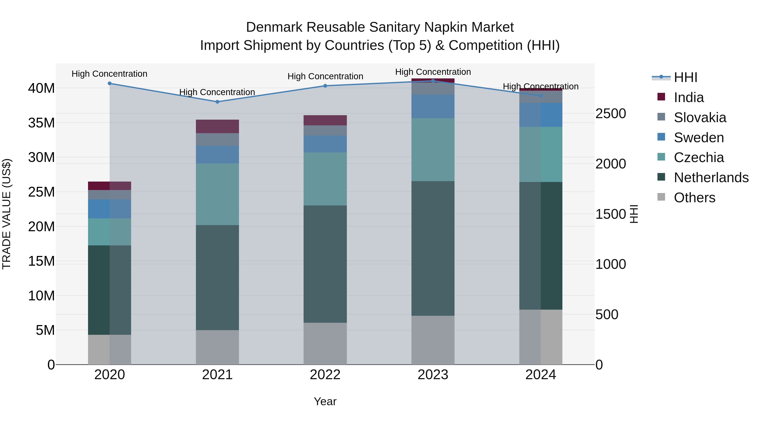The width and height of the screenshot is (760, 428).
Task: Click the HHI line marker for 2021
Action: tap(217, 102)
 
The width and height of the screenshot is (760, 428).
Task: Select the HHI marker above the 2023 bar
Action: tap(433, 81)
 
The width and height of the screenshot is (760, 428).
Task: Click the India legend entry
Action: tap(689, 97)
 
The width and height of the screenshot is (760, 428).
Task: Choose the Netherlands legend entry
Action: tap(711, 178)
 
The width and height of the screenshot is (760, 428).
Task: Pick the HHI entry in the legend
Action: tap(685, 77)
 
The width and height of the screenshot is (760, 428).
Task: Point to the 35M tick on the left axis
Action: tap(41, 123)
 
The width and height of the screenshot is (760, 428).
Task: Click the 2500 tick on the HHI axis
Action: tap(610, 113)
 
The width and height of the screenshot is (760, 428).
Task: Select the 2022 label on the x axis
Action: tap(325, 375)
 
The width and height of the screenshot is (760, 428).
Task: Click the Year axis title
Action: tap(325, 401)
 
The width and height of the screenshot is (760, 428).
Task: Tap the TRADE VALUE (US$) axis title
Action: tap(7, 214)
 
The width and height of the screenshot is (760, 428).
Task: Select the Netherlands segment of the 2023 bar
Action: tap(433, 248)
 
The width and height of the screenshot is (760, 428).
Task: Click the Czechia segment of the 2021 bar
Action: tap(217, 194)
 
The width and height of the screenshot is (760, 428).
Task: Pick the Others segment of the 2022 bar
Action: tap(325, 343)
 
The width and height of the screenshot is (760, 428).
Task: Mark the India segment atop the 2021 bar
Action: tap(217, 126)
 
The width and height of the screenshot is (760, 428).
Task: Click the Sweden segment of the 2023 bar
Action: tap(433, 106)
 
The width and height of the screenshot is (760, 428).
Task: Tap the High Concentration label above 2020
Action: tap(109, 74)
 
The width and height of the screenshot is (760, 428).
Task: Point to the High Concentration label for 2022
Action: tap(325, 76)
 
